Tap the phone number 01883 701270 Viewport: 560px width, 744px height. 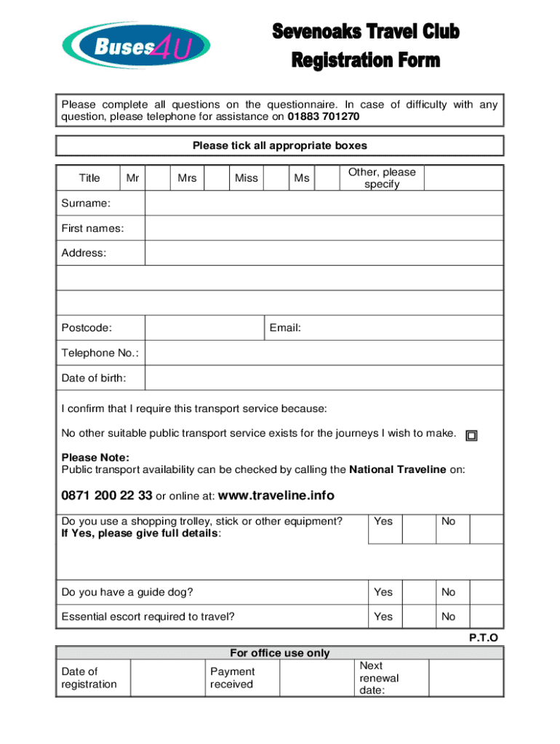323,116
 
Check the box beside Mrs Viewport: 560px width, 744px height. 216,178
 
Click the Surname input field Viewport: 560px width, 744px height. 324,203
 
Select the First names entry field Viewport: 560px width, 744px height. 324,228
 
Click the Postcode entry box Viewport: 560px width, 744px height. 204,328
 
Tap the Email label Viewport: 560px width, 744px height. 285,328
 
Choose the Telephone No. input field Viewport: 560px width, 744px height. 324,353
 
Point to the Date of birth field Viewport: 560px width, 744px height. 324,378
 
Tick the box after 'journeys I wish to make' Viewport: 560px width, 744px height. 471,435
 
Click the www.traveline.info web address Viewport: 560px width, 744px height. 276,496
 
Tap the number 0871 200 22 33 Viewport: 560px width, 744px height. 107,496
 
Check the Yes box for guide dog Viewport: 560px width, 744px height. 420,592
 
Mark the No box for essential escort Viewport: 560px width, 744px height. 487,616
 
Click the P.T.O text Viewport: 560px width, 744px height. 484,638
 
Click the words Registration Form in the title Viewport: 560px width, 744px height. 366,60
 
